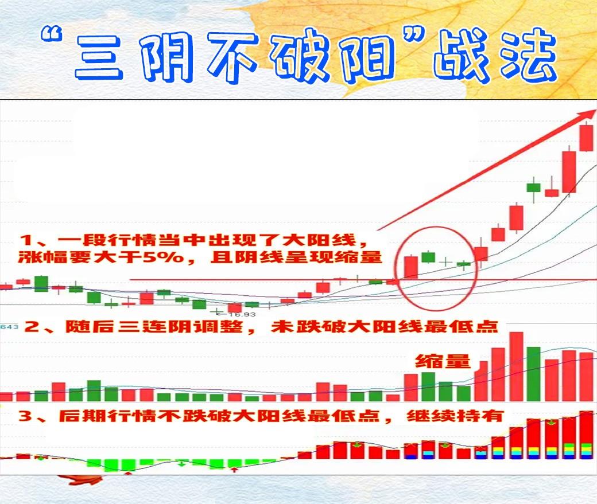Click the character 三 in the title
point(99,57)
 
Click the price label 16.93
point(242,315)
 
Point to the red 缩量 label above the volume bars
point(443,361)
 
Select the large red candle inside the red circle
point(411,267)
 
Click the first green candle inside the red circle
point(428,257)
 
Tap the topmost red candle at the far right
point(587,138)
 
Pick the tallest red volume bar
point(517,367)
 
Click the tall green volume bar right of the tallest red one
point(534,374)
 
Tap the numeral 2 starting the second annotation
point(32,326)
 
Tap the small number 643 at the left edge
point(9,327)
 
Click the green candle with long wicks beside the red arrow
point(533,187)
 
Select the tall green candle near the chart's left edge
point(41,284)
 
